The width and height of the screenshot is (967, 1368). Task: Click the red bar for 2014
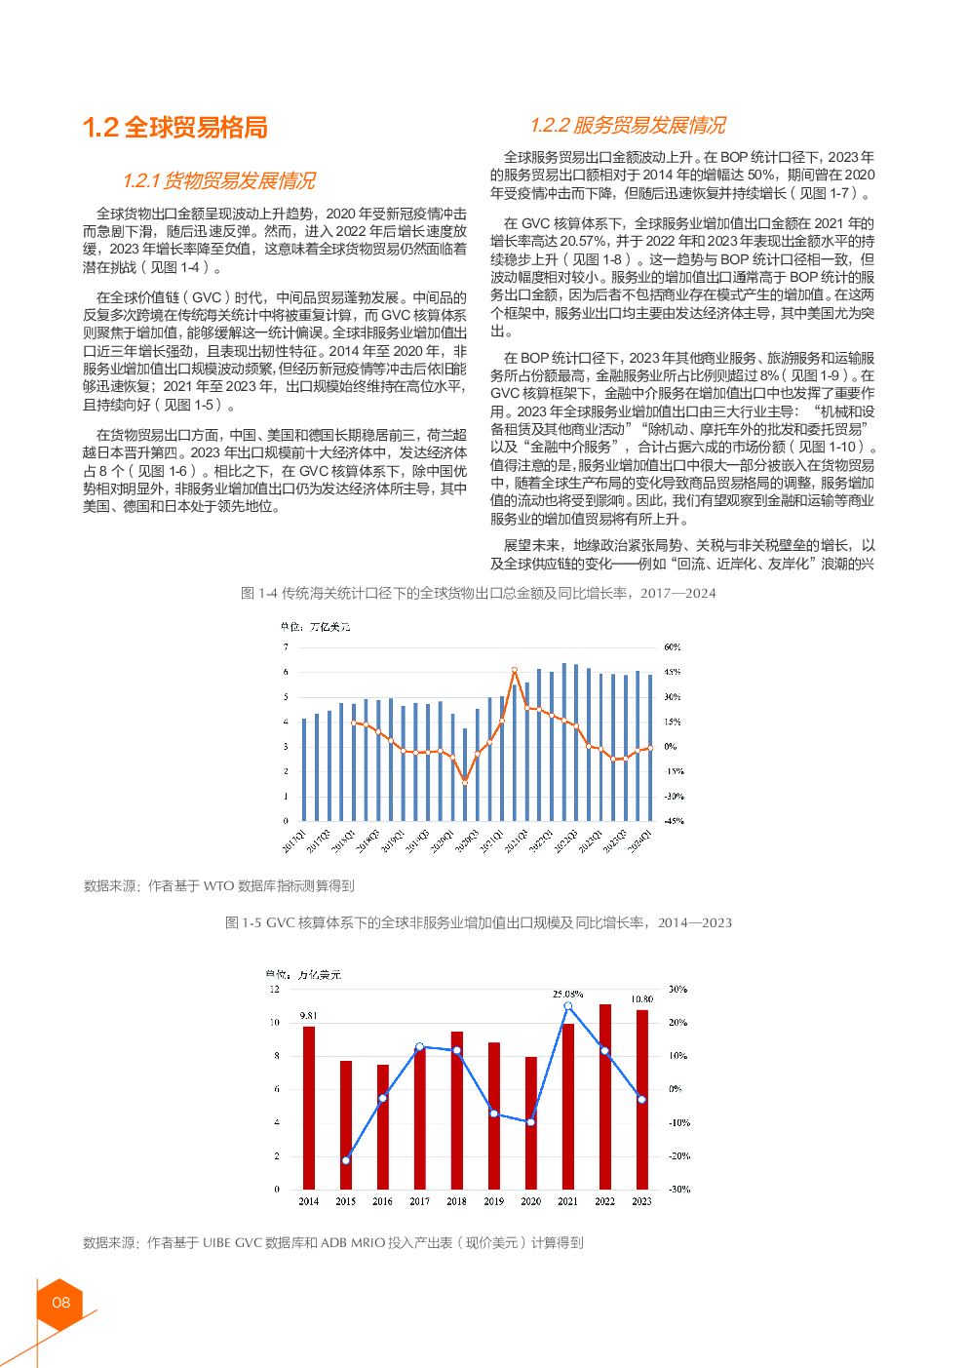pyautogui.click(x=309, y=1107)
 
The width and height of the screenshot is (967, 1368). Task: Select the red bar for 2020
pyautogui.click(x=531, y=1121)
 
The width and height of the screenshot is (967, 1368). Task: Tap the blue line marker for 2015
pyautogui.click(x=346, y=1160)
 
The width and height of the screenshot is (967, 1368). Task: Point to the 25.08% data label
pyautogui.click(x=567, y=994)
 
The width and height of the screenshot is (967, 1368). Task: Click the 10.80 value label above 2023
pyautogui.click(x=641, y=998)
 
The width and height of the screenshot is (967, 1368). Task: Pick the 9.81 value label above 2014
pyautogui.click(x=308, y=1015)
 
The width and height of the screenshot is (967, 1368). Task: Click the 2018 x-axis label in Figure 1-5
pyautogui.click(x=456, y=1201)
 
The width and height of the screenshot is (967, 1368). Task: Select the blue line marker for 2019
pyautogui.click(x=494, y=1114)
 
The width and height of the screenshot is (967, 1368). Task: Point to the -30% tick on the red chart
pyautogui.click(x=678, y=1189)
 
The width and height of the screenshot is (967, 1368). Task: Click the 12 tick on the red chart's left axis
pyautogui.click(x=275, y=989)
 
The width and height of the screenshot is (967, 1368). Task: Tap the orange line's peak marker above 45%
pyautogui.click(x=515, y=671)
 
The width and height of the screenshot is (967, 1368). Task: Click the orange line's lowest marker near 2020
pyautogui.click(x=465, y=781)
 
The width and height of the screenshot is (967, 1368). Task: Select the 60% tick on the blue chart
pyautogui.click(x=673, y=646)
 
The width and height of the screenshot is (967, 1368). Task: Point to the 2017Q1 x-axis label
pyautogui.click(x=294, y=841)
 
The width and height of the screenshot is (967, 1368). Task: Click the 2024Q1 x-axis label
pyautogui.click(x=639, y=841)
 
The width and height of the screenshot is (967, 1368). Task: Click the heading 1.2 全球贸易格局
pyautogui.click(x=175, y=128)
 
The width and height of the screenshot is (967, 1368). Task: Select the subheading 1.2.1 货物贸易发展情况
pyautogui.click(x=219, y=180)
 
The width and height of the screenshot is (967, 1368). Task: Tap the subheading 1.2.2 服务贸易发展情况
pyautogui.click(x=628, y=125)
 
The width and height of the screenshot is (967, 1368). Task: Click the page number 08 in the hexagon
pyautogui.click(x=60, y=1302)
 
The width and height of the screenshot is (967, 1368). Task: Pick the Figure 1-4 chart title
pyautogui.click(x=478, y=593)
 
